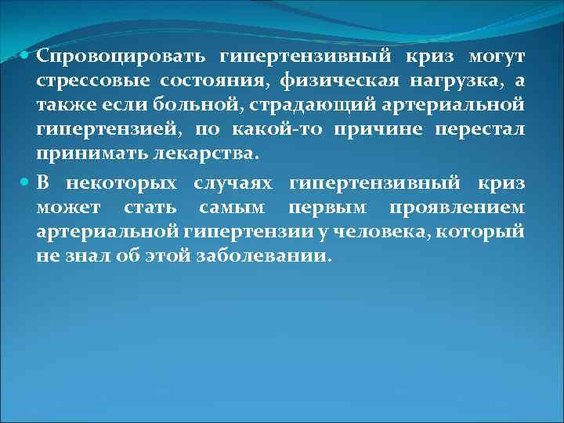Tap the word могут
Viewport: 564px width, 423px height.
click(x=497, y=58)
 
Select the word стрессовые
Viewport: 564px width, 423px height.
click(x=93, y=81)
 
